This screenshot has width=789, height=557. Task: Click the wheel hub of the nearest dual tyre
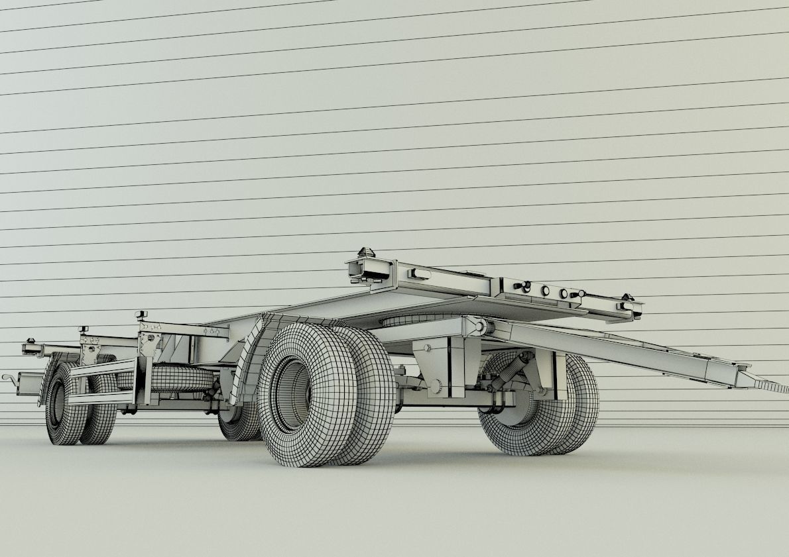click(x=292, y=394)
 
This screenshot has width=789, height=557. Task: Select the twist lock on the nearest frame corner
click(x=366, y=255)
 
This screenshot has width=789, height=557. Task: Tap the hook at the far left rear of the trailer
click(x=9, y=378)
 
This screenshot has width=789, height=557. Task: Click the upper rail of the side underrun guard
click(x=103, y=368)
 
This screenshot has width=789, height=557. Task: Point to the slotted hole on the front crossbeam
click(x=420, y=273)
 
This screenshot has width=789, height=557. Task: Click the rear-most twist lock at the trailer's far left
click(x=30, y=343)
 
